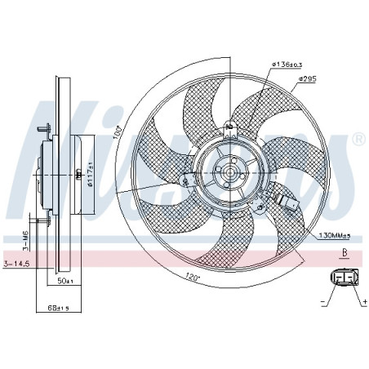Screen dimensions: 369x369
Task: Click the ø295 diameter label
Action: [307, 78]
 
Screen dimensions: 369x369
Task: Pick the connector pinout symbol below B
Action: [344, 278]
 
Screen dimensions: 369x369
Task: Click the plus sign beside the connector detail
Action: [359, 301]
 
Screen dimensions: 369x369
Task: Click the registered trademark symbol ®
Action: [357, 140]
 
